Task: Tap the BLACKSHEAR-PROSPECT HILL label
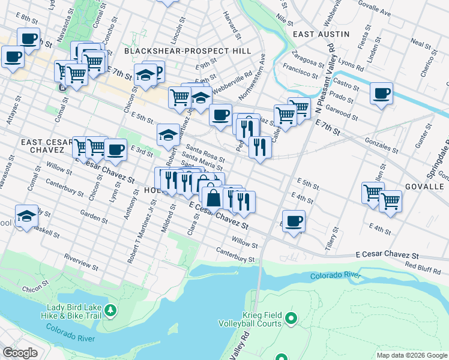[x=187, y=52]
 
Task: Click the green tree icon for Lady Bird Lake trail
[x=110, y=310]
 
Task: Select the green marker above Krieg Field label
[x=292, y=317]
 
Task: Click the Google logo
[x=20, y=353]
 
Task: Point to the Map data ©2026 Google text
[x=411, y=355]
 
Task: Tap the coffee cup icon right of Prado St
[x=381, y=94]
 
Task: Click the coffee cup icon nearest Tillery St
[x=294, y=220]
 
